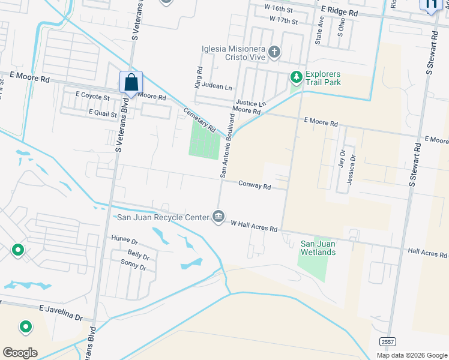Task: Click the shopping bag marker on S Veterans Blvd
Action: coord(131,83)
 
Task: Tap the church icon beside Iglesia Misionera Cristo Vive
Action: coord(274,52)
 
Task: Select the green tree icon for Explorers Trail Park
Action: coord(296,77)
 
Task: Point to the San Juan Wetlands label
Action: coord(318,248)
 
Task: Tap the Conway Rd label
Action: coord(255,186)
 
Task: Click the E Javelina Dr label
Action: coord(61,312)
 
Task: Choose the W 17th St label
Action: coord(284,20)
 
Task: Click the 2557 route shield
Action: coord(387,341)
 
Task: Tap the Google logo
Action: coord(20,353)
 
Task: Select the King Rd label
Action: coord(197,78)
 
